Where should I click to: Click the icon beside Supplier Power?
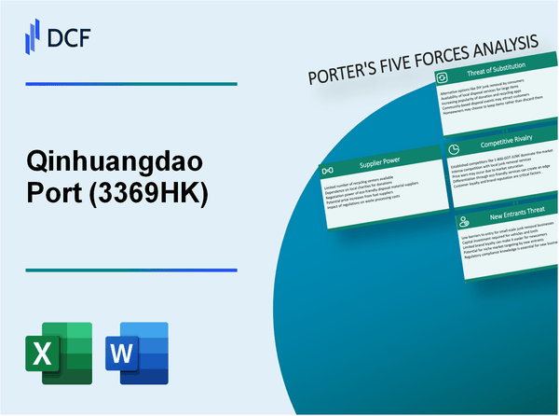click(329, 171)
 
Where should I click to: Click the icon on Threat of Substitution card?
click(444, 79)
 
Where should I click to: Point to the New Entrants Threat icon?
click(463, 220)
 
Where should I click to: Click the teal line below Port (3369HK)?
click(131, 270)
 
